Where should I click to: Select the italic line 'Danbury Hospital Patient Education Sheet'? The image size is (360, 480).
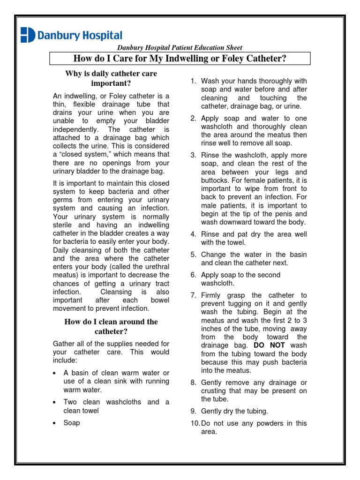180,47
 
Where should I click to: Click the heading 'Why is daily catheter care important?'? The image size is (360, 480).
111,78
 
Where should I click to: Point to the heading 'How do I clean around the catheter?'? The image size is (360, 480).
111,326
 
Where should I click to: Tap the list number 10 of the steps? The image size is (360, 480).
195,423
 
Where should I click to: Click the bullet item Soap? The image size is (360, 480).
72,423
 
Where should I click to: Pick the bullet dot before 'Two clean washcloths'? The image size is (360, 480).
55,403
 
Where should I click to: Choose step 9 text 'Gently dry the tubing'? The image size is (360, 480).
234,411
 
